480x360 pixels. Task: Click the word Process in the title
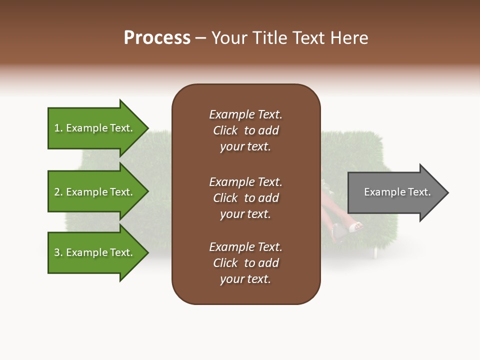(157, 38)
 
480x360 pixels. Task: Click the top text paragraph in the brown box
(245, 130)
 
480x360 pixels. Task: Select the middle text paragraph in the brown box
(245, 198)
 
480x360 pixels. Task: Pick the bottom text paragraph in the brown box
(245, 263)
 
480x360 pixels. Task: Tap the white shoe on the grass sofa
(355, 227)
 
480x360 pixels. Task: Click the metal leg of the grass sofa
(374, 252)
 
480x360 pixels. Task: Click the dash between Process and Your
(200, 38)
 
